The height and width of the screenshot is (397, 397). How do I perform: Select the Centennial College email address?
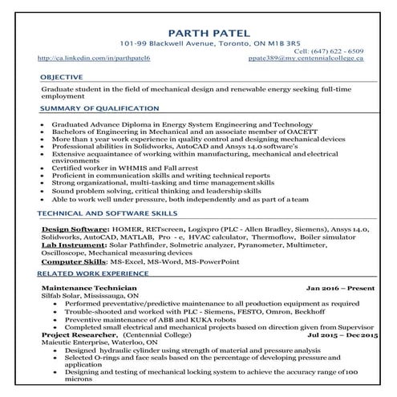point(316,59)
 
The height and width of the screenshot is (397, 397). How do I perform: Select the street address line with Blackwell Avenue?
point(199,43)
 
